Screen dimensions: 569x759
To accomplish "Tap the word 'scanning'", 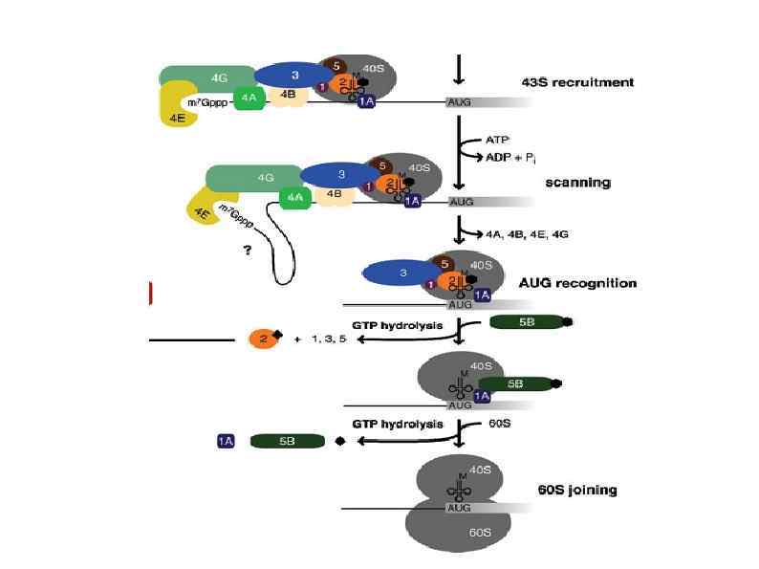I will (577, 182).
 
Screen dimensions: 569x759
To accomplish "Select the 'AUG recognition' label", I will (576, 283).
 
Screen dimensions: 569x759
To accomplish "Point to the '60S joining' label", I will (577, 491).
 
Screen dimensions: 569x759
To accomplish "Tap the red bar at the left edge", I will (151, 294).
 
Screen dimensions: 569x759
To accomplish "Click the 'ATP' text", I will (497, 140).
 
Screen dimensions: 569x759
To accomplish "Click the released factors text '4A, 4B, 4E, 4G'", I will (527, 233).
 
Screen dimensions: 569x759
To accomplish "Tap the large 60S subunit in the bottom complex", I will (458, 531).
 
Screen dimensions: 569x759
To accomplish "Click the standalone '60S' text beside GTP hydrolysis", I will (499, 423).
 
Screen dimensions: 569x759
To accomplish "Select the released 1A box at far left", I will (226, 441).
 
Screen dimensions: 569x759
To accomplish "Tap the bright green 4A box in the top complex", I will (248, 98).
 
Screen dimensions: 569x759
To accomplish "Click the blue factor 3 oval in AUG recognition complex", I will (403, 274).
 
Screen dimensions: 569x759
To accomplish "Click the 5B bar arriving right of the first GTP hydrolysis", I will (526, 323).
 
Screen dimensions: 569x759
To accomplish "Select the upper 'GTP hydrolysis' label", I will (398, 325).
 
